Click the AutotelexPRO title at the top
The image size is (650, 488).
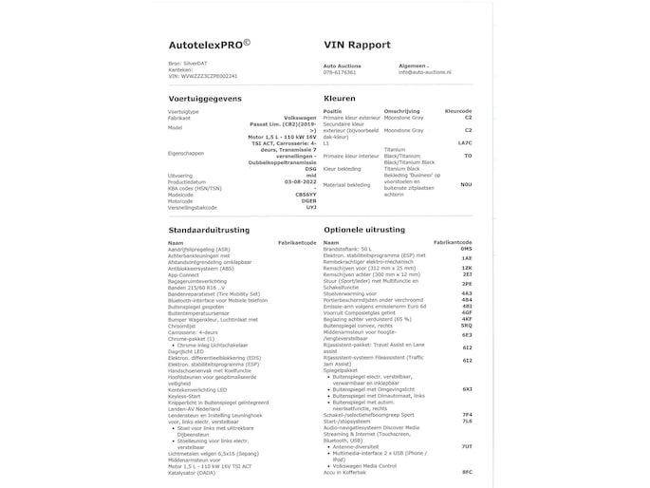click(x=209, y=45)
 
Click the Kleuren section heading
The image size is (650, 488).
click(x=340, y=99)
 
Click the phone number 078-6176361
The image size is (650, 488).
click(x=340, y=71)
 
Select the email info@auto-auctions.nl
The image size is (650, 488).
click(x=424, y=71)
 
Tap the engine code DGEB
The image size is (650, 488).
click(x=309, y=200)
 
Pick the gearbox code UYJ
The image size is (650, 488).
click(x=311, y=207)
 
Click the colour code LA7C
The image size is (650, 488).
click(x=464, y=142)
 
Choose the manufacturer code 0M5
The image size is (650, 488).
click(x=466, y=249)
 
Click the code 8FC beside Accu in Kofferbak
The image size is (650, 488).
click(x=466, y=472)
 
